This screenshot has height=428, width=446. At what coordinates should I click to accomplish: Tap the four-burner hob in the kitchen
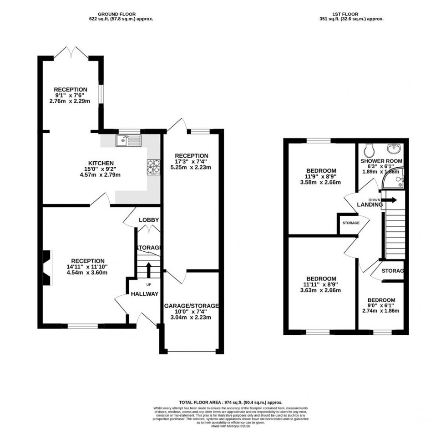(x=153, y=167)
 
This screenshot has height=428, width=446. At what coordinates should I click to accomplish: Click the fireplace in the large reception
(x=46, y=269)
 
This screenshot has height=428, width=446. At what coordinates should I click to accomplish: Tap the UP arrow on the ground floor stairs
(x=148, y=269)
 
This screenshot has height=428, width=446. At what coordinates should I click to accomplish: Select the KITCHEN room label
(x=101, y=163)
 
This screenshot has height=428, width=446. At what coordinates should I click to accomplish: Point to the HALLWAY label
(x=145, y=294)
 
